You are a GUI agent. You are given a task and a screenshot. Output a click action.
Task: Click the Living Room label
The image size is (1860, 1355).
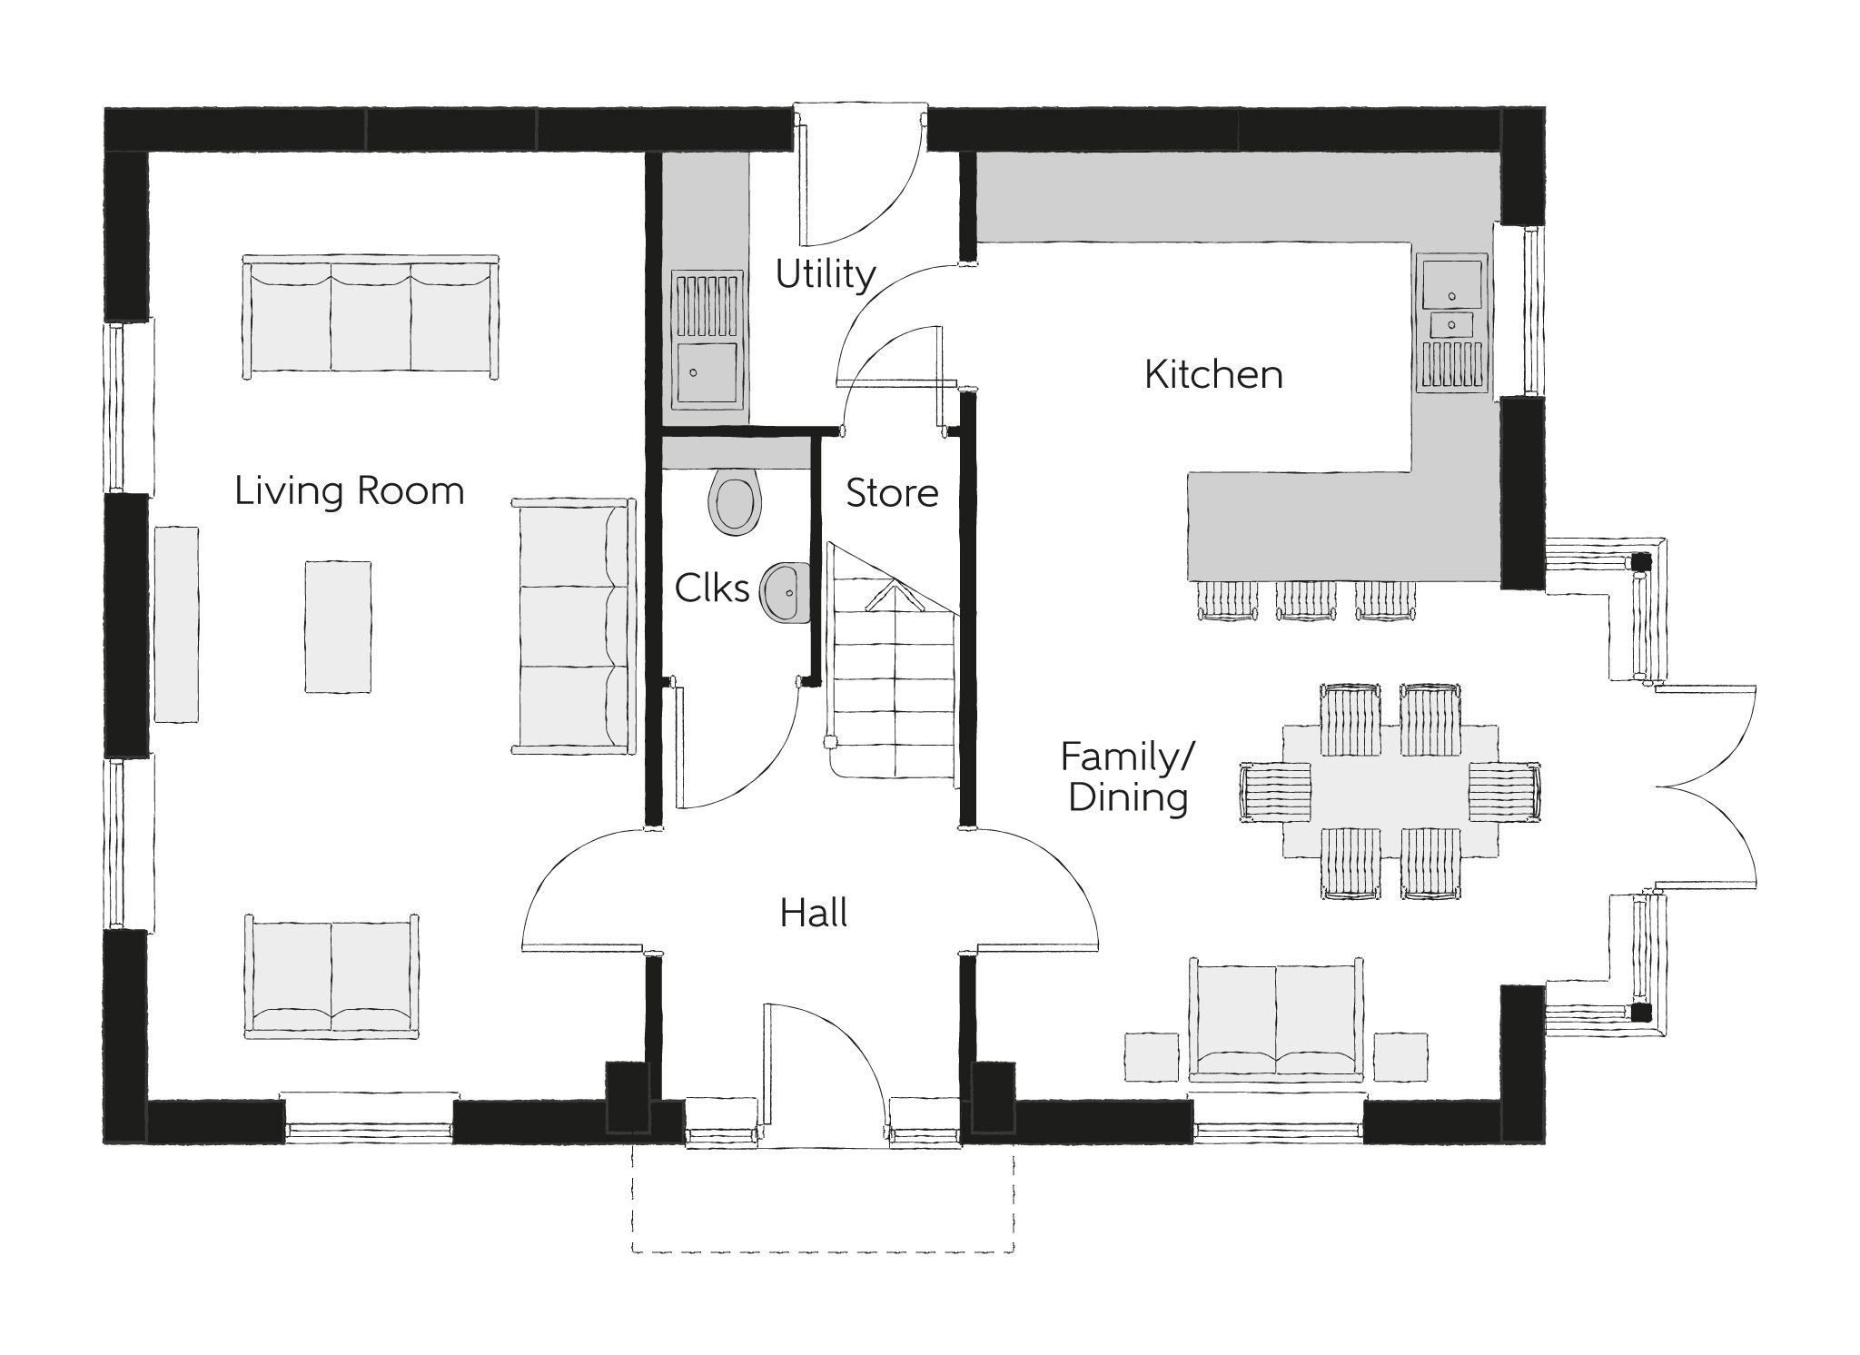point(350,491)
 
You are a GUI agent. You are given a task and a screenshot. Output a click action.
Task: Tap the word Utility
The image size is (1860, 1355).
point(825,274)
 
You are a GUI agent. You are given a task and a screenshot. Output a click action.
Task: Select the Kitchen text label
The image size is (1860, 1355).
point(1213,374)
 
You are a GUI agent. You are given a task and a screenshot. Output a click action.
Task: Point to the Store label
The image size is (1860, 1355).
point(892,493)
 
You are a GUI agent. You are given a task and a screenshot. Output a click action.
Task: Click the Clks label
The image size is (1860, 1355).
point(712,588)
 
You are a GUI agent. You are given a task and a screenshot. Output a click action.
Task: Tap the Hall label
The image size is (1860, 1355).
point(814,913)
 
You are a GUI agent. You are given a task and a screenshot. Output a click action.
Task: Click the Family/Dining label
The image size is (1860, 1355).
point(1128,777)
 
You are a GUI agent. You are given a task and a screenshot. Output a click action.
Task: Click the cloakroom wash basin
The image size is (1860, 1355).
point(787,593)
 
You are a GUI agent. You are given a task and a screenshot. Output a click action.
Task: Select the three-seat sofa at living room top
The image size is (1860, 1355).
point(371,318)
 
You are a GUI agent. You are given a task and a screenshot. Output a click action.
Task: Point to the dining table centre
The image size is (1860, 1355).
point(1390,790)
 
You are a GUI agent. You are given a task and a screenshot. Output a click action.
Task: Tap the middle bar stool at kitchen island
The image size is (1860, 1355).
point(1306,600)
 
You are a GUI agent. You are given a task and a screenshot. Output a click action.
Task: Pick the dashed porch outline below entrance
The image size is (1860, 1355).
point(822,1251)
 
